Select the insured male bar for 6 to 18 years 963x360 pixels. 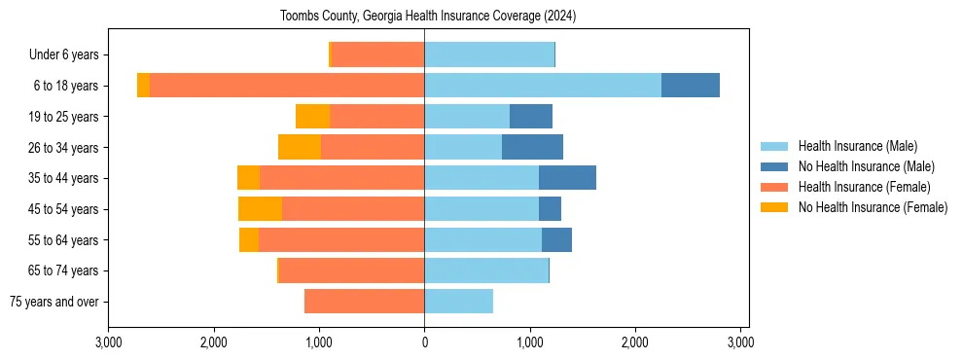pos(543,86)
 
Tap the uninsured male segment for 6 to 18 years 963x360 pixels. pos(691,86)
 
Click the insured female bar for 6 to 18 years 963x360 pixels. pos(287,86)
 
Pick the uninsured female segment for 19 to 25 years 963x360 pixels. pos(312,117)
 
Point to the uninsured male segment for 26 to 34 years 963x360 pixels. pos(532,147)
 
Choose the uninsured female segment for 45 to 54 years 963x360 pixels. pos(260,209)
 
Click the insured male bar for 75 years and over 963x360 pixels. pos(458,302)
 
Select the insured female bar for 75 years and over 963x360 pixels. pos(364,302)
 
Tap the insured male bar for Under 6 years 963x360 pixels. pos(489,54)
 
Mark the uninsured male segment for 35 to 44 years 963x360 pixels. pos(567,178)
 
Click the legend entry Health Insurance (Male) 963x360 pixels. pos(857,146)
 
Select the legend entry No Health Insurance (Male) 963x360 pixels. pos(866,166)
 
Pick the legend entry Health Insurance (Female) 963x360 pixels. pos(864,187)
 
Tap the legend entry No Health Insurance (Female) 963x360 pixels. pos(873,207)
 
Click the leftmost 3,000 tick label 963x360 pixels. pos(109,342)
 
